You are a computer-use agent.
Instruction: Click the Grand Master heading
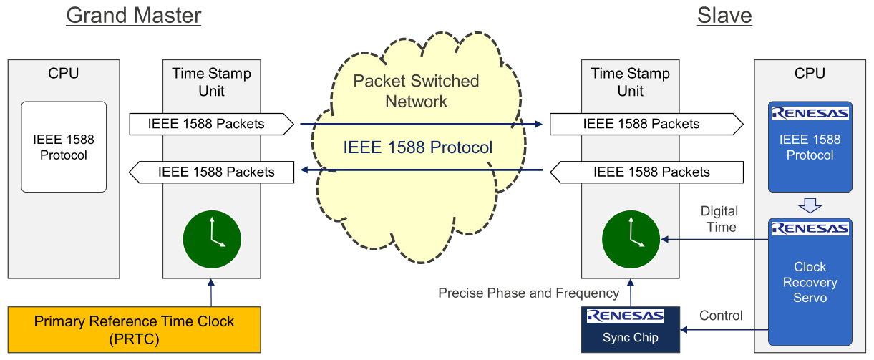[x=134, y=15]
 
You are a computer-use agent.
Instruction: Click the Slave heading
[x=724, y=15]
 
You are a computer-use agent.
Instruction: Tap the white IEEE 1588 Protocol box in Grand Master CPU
[x=64, y=147]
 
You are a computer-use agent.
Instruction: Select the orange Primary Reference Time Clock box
[x=134, y=329]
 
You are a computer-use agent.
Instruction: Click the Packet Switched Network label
[x=416, y=91]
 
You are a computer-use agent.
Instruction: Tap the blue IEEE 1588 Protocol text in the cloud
[x=418, y=147]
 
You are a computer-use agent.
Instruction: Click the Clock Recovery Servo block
[x=810, y=282]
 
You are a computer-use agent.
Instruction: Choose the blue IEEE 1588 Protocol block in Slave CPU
[x=810, y=147]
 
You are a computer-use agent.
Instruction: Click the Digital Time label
[x=719, y=219]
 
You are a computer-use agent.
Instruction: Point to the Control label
[x=721, y=316]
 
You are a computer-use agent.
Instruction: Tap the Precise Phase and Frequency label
[x=528, y=293]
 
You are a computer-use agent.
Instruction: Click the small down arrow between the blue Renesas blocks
[x=810, y=205]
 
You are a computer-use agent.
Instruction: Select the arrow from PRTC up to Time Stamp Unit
[x=211, y=292]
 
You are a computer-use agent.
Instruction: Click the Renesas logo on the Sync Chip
[x=625, y=316]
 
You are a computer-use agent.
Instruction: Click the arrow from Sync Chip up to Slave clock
[x=631, y=292]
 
